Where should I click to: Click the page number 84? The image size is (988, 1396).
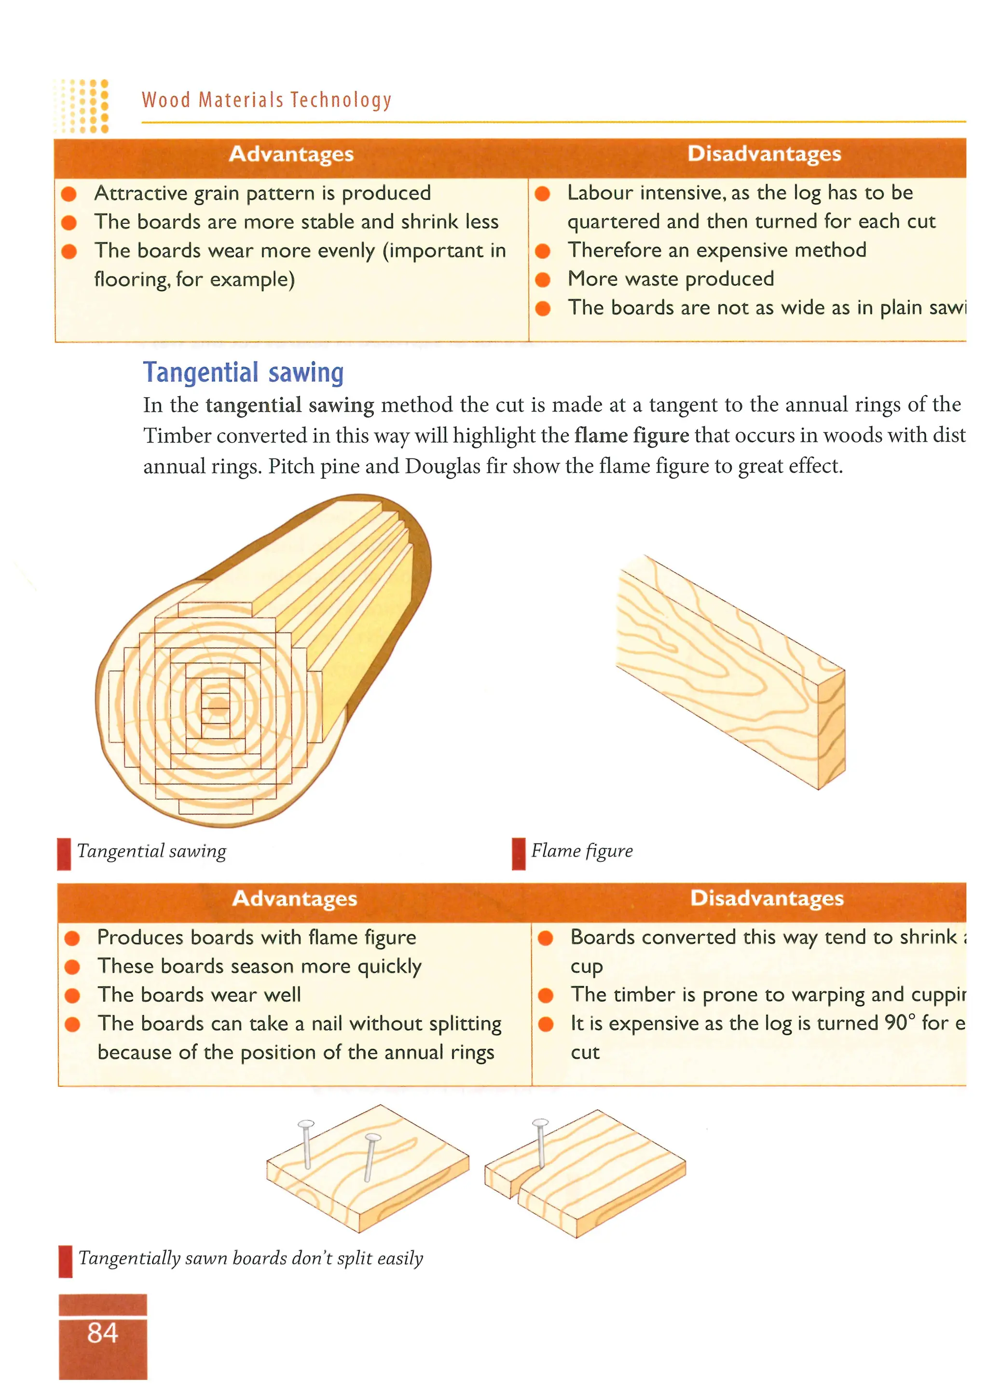click(102, 1332)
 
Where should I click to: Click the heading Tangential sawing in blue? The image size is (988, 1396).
click(243, 373)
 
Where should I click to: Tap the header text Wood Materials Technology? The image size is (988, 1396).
click(266, 100)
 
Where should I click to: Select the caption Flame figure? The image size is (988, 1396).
click(582, 850)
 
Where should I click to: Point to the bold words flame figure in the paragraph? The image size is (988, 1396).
click(631, 436)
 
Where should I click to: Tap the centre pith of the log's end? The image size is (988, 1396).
click(217, 706)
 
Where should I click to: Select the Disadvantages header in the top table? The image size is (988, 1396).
click(764, 154)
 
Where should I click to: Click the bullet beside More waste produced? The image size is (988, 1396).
click(543, 279)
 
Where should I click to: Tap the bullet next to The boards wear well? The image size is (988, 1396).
click(72, 995)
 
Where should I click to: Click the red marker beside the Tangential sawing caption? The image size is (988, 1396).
click(63, 854)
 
